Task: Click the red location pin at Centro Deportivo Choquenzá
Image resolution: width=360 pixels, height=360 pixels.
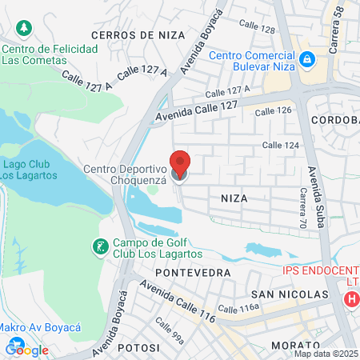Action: pos(181,164)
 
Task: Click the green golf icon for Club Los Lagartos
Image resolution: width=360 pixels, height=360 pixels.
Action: pos(100,247)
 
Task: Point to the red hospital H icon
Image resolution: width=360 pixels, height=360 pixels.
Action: pos(350,299)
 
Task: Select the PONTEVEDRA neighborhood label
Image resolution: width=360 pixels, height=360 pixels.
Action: pos(193,273)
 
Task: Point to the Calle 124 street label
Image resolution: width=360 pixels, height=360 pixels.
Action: pos(281,145)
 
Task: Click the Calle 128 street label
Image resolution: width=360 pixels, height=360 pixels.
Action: pos(257,30)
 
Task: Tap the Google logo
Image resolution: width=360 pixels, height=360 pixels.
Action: pos(27,349)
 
